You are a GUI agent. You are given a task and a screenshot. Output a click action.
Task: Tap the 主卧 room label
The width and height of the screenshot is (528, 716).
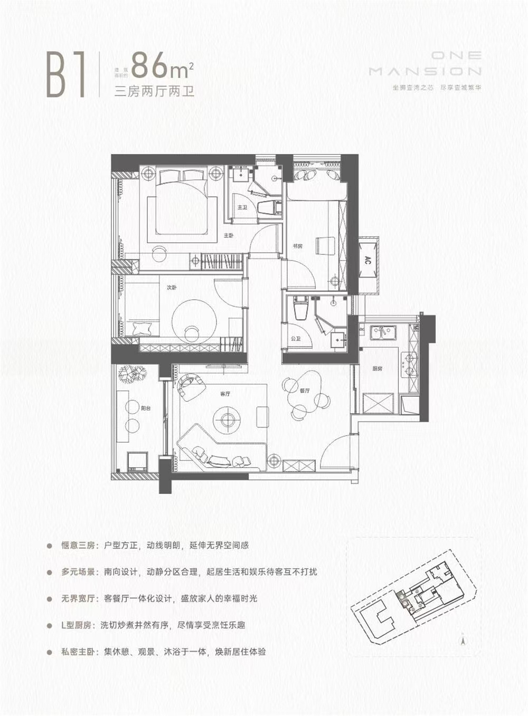pyautogui.click(x=228, y=235)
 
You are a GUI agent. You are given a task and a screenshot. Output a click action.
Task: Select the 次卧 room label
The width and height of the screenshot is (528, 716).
pyautogui.click(x=171, y=288)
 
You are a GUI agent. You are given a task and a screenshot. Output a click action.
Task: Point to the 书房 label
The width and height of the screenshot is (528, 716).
pyautogui.click(x=297, y=246)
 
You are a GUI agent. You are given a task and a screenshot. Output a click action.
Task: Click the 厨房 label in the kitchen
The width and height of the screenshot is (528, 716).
pyautogui.click(x=377, y=369)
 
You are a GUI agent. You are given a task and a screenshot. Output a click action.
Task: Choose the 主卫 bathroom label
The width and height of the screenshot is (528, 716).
pyautogui.click(x=242, y=207)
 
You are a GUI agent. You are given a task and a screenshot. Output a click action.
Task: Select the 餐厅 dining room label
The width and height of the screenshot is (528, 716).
pyautogui.click(x=304, y=391)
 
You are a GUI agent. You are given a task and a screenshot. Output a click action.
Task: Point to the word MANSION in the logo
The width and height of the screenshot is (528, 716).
pyautogui.click(x=425, y=71)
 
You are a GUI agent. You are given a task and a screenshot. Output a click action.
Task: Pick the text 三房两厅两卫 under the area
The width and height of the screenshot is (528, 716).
pyautogui.click(x=155, y=91)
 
